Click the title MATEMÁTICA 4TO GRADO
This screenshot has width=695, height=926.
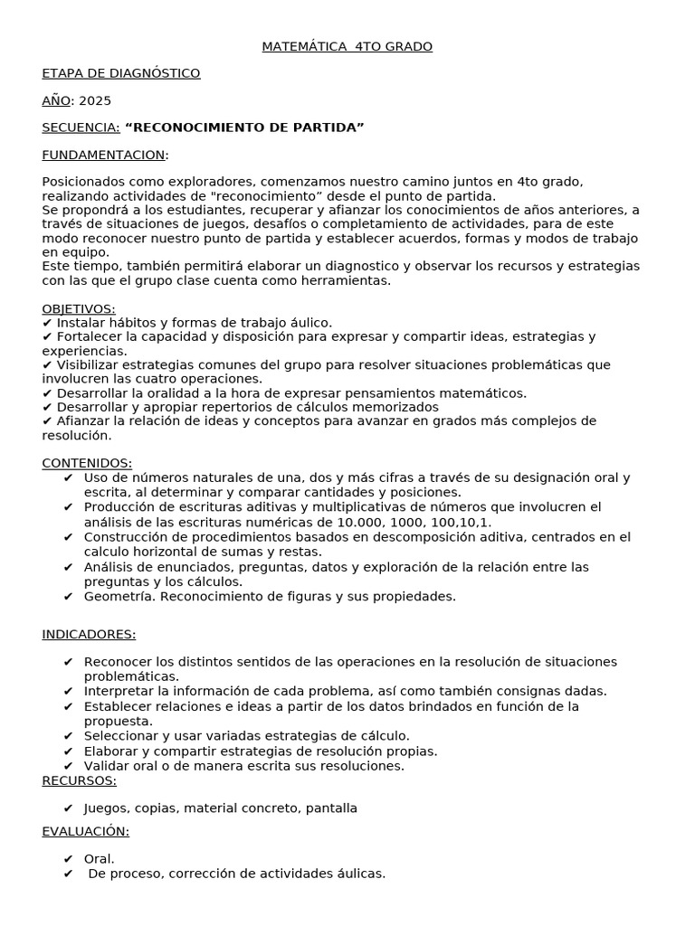coord(347,46)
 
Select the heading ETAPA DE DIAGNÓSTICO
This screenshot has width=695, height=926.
coord(121,73)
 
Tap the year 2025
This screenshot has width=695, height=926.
coord(95,100)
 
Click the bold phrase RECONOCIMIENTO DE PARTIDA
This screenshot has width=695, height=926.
coord(244,128)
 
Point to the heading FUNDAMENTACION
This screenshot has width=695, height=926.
coord(103,155)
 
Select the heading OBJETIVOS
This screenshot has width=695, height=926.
coord(78,308)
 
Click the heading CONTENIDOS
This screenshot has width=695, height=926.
coord(86,463)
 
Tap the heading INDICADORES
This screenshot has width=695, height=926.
coord(89,634)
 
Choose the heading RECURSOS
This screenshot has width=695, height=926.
coord(79,780)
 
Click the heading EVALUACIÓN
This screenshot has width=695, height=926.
coord(85,831)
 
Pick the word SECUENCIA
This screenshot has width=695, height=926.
coord(81,128)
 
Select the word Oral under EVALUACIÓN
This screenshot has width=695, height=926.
coord(99,858)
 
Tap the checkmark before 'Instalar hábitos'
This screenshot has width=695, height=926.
coord(47,323)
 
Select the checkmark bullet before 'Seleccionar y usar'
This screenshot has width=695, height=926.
coord(69,736)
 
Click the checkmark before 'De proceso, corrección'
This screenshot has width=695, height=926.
coord(69,874)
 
